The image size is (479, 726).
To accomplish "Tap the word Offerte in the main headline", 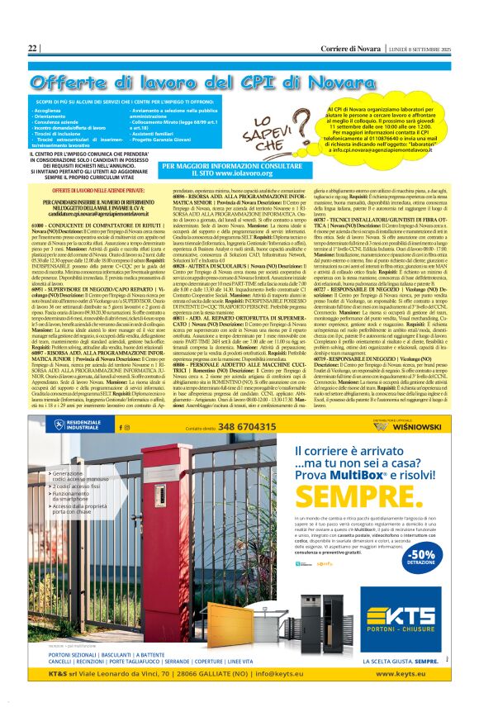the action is [x=83, y=81].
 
